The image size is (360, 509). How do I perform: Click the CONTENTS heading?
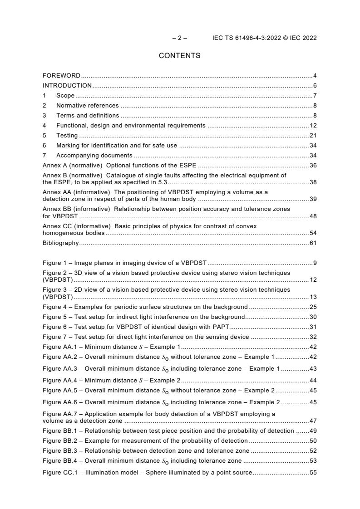point(179,56)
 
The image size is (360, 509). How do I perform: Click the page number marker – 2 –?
point(179,38)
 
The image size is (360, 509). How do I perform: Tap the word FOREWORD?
point(61,75)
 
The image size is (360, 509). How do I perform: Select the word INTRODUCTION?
point(67,86)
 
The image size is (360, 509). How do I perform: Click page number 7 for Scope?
point(315,96)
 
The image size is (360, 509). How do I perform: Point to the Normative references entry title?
point(87,106)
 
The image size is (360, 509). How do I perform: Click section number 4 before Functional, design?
point(44,126)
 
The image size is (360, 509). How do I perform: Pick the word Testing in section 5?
point(67,136)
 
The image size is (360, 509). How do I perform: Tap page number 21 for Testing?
point(313,136)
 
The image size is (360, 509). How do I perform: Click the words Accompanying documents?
point(88,156)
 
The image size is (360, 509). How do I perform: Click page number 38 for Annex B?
point(313,182)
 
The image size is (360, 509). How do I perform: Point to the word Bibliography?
point(60,243)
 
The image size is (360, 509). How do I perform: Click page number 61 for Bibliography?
point(313,243)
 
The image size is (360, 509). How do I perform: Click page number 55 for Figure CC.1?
point(313,473)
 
